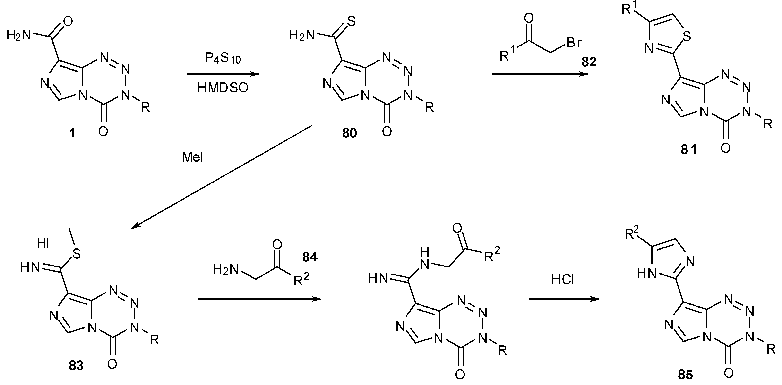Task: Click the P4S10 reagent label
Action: point(222,58)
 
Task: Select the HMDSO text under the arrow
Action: point(223,88)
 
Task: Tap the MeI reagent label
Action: point(192,157)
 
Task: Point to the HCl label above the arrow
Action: point(563,280)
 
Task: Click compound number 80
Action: point(349,133)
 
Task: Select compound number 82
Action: point(589,62)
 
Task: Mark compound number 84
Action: point(310,257)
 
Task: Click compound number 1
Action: point(72,133)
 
